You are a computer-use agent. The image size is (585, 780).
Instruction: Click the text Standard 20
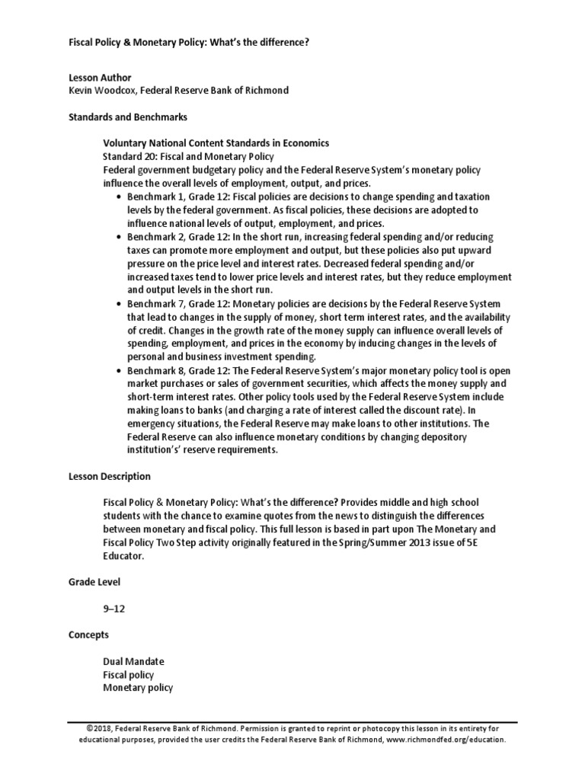coord(130,156)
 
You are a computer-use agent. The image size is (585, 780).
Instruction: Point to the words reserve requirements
coord(229,450)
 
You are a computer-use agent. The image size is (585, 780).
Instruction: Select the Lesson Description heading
coord(110,477)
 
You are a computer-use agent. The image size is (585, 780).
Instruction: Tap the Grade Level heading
coord(94,582)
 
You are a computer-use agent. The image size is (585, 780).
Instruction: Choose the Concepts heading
coord(88,635)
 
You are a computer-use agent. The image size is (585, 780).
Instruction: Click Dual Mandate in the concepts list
coord(133,661)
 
